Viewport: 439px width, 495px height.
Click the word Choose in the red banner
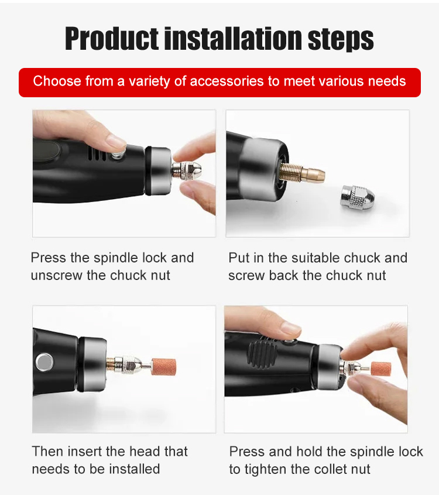pos(57,81)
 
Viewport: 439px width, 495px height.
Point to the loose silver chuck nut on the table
pos(358,197)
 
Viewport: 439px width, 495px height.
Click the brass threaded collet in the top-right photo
pos(302,173)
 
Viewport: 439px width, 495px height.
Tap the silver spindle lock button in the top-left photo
pos(119,156)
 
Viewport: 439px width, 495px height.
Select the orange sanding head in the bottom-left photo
pos(163,367)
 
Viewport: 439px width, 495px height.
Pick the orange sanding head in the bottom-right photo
pos(381,368)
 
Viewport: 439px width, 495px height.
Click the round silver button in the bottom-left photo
pos(44,362)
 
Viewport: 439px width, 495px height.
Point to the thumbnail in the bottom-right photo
pos(291,329)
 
